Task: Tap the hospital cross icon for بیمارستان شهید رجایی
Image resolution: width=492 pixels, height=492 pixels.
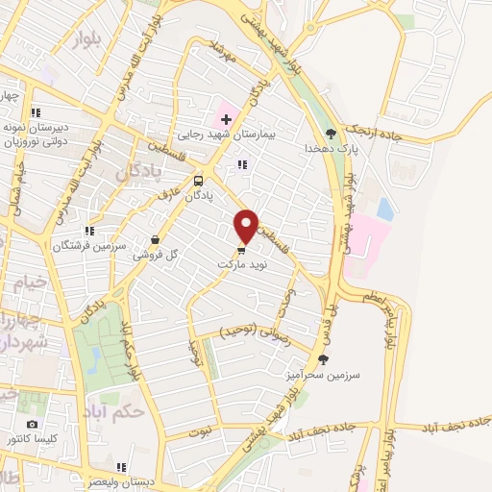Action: (226, 119)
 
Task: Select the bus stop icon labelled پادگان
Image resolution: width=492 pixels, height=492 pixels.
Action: (198, 180)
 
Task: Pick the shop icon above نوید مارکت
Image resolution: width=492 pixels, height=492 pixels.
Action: (240, 250)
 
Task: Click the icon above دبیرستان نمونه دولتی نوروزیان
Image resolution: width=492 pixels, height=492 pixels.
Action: (36, 110)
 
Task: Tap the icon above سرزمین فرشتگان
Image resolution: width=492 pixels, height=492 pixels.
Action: (88, 231)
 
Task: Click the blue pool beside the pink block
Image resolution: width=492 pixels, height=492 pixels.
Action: (385, 209)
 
